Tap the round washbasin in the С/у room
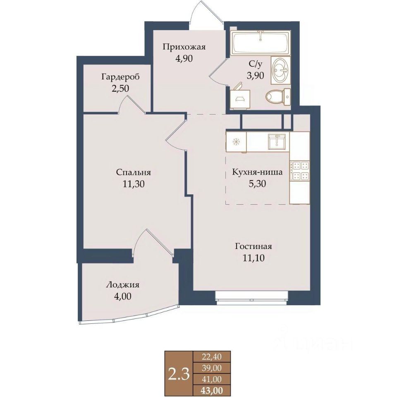[x=281, y=70]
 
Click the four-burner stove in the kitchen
[x=300, y=171]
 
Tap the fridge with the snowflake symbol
[x=236, y=142]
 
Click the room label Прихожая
[x=184, y=47]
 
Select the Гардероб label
[x=120, y=77]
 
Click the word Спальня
[x=134, y=172]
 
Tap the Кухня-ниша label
[x=257, y=172]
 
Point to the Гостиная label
[x=254, y=246]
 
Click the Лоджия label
[x=122, y=285]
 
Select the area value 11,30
[x=134, y=184]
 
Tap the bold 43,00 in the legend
[x=212, y=390]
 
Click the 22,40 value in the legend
[x=212, y=357]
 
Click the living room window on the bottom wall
[x=252, y=298]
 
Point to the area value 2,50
[x=120, y=88]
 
